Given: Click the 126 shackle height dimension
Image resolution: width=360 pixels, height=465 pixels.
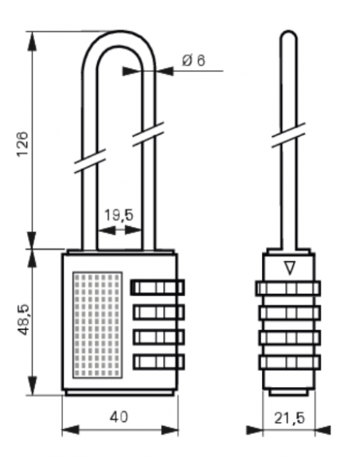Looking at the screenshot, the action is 22,144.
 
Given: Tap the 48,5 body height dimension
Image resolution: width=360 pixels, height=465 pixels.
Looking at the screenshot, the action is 24,319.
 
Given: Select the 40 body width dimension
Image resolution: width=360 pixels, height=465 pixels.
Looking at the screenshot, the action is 119,417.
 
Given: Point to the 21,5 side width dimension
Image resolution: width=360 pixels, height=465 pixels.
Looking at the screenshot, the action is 289,418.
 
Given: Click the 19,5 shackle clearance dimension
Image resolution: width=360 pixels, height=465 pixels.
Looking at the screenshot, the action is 119,215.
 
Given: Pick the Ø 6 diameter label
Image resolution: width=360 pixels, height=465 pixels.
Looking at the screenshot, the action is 194,61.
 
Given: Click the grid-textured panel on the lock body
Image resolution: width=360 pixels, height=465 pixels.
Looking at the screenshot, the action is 97,325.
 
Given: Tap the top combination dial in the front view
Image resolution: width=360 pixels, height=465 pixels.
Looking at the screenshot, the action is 158,287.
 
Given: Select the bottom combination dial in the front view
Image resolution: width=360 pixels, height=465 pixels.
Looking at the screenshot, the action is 158,361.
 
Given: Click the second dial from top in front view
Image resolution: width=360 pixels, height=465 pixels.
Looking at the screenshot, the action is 158,312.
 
